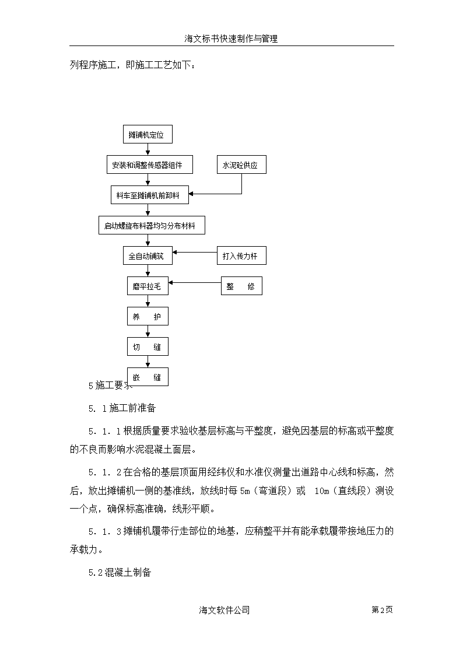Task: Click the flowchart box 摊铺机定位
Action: coord(148,135)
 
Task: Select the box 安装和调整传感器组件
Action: coord(150,164)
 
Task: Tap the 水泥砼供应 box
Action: coord(241,164)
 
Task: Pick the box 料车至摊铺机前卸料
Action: coord(149,195)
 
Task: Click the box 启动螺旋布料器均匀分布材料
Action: coord(152,225)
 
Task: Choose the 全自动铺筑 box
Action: coord(148,255)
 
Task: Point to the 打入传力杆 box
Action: coord(241,255)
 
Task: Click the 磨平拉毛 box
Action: coord(148,286)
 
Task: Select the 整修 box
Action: coord(241,286)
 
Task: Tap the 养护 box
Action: coord(148,316)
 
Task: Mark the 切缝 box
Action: coord(148,346)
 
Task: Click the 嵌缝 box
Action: coord(148,377)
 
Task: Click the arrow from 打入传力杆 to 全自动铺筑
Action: coord(195,253)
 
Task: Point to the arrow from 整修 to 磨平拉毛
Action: coord(195,283)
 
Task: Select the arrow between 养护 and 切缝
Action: coord(148,331)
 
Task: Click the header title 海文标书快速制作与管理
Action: coord(232,39)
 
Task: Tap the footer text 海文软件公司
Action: coord(224,610)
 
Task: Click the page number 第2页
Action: coord(382,610)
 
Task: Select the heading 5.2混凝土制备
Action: coord(120,572)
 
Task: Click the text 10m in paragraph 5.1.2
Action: coord(322,491)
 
